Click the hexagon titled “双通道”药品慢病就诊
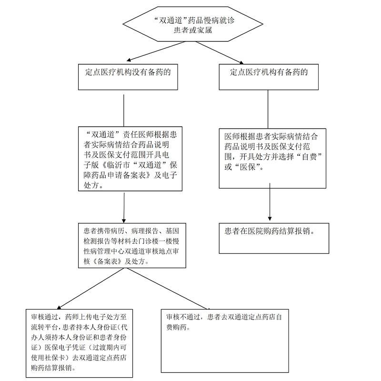point(193,24)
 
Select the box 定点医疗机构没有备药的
point(128,77)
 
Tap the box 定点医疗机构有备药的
point(269,77)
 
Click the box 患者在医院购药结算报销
point(274,238)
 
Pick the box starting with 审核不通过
point(225,341)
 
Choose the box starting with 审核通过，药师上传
point(79,343)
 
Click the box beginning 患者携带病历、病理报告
point(132,245)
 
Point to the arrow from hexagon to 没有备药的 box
point(156,51)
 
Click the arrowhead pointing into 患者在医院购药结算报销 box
point(270,219)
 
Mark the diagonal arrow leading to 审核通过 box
point(90,289)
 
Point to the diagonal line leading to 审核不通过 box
point(168,289)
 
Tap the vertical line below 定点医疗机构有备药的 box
point(268,109)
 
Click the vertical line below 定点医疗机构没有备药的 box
point(124,110)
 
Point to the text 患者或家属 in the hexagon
point(193,30)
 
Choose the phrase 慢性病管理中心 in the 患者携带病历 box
point(104,251)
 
